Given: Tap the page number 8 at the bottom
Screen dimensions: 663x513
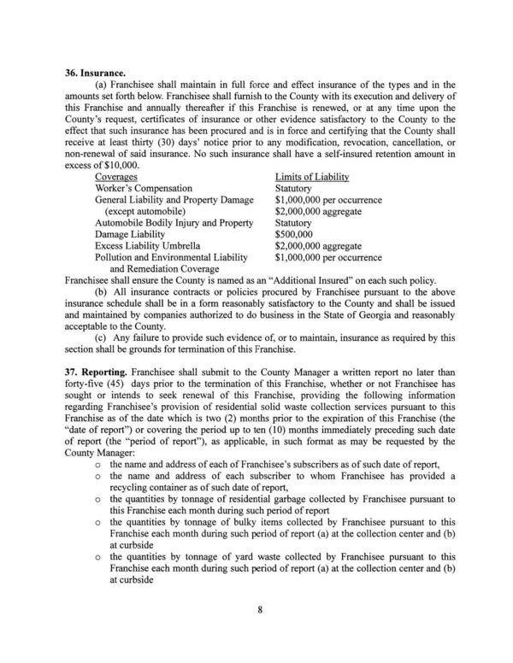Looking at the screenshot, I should [x=256, y=633].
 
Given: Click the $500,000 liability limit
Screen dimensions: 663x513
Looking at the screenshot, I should [x=294, y=232].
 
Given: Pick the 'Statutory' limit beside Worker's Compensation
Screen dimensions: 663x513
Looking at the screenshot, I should [x=294, y=187].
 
